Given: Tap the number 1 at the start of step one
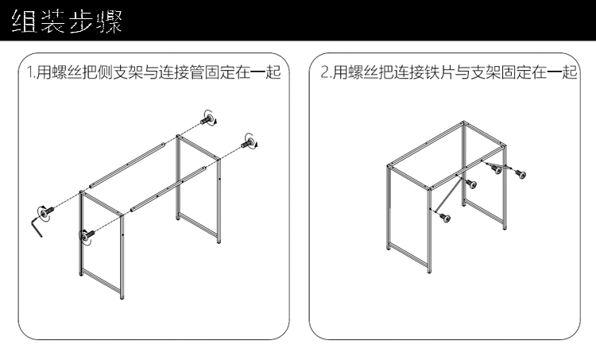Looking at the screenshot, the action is (x=29, y=73).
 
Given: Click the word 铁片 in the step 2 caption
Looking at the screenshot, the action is (x=441, y=73).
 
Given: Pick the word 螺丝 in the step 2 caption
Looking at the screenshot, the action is (x=357, y=73).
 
